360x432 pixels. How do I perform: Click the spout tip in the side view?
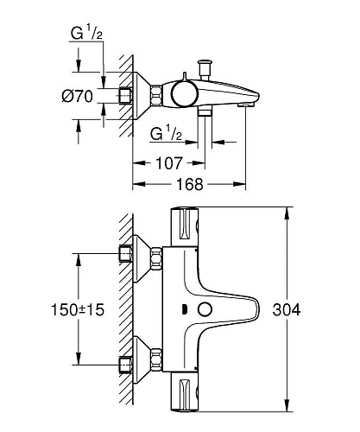coord(248,104)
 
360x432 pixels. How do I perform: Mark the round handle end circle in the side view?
coord(181,93)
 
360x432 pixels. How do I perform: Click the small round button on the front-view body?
coord(204,311)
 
